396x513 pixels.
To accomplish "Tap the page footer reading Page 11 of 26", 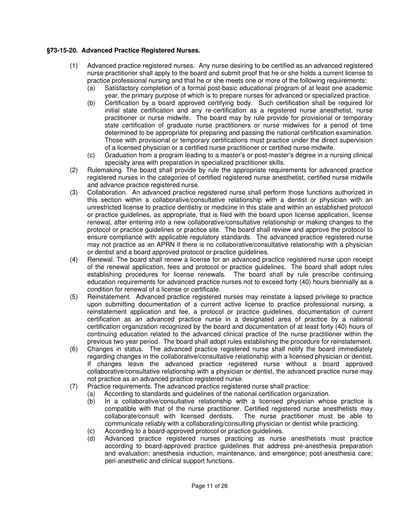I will click(x=210, y=486).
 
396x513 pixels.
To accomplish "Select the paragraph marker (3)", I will click(x=74, y=192).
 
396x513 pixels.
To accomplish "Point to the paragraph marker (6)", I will click(x=74, y=349).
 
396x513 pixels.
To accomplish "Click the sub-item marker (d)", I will click(x=91, y=438).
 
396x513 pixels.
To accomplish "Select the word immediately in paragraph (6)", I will click(x=353, y=349).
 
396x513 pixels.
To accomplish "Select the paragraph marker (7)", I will click(x=74, y=386).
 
